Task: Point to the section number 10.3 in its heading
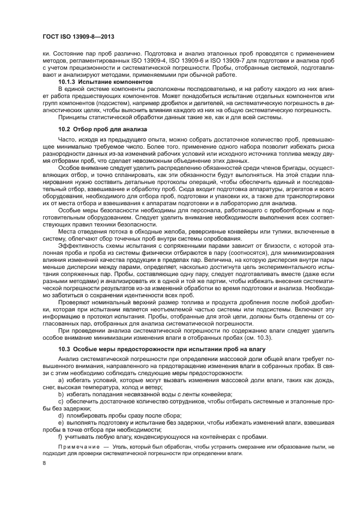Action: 64,347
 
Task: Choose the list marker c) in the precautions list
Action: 60,401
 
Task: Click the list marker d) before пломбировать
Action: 60,415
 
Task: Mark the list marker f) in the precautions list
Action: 60,437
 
